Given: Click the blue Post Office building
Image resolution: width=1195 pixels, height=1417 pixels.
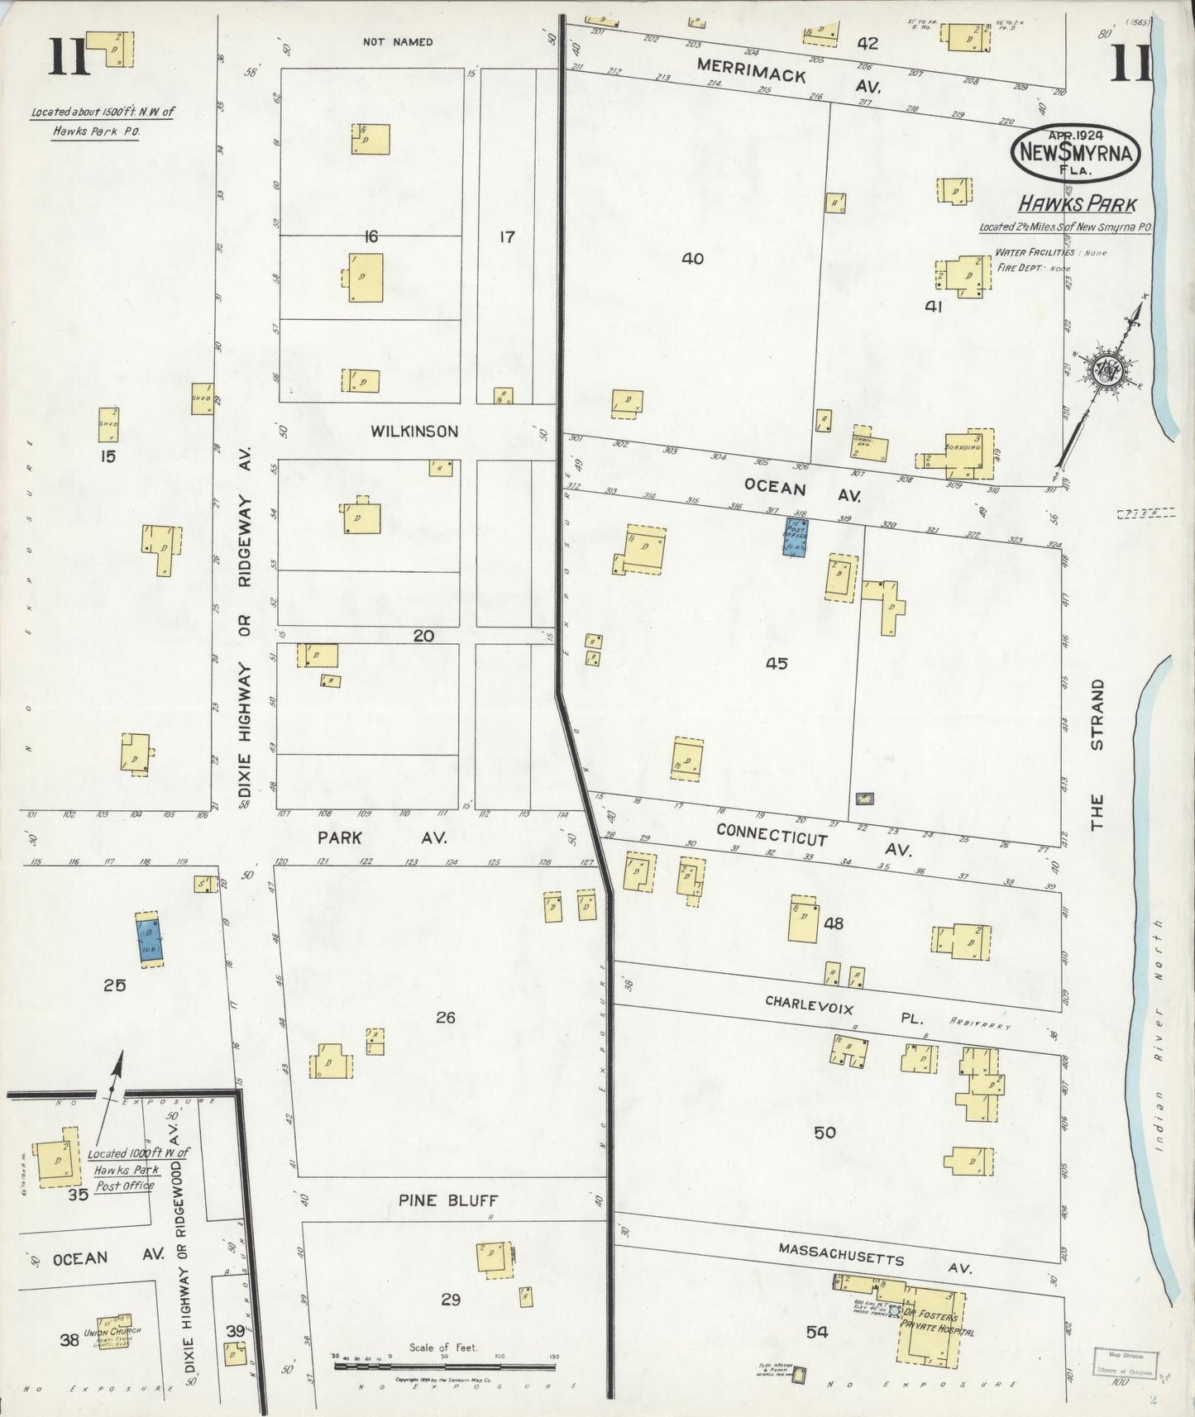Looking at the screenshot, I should tap(795, 537).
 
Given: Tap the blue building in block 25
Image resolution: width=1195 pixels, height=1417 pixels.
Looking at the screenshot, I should tap(150, 938).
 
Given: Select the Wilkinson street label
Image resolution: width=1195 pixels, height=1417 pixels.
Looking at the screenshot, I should tap(413, 432).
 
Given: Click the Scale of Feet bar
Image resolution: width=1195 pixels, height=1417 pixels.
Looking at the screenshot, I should tap(444, 1365).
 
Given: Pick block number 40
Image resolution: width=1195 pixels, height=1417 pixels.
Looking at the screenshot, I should tap(692, 259).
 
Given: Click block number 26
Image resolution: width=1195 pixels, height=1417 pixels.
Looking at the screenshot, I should tap(445, 1018).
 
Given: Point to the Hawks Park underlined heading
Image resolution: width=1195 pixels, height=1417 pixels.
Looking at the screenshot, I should tap(1077, 204).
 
